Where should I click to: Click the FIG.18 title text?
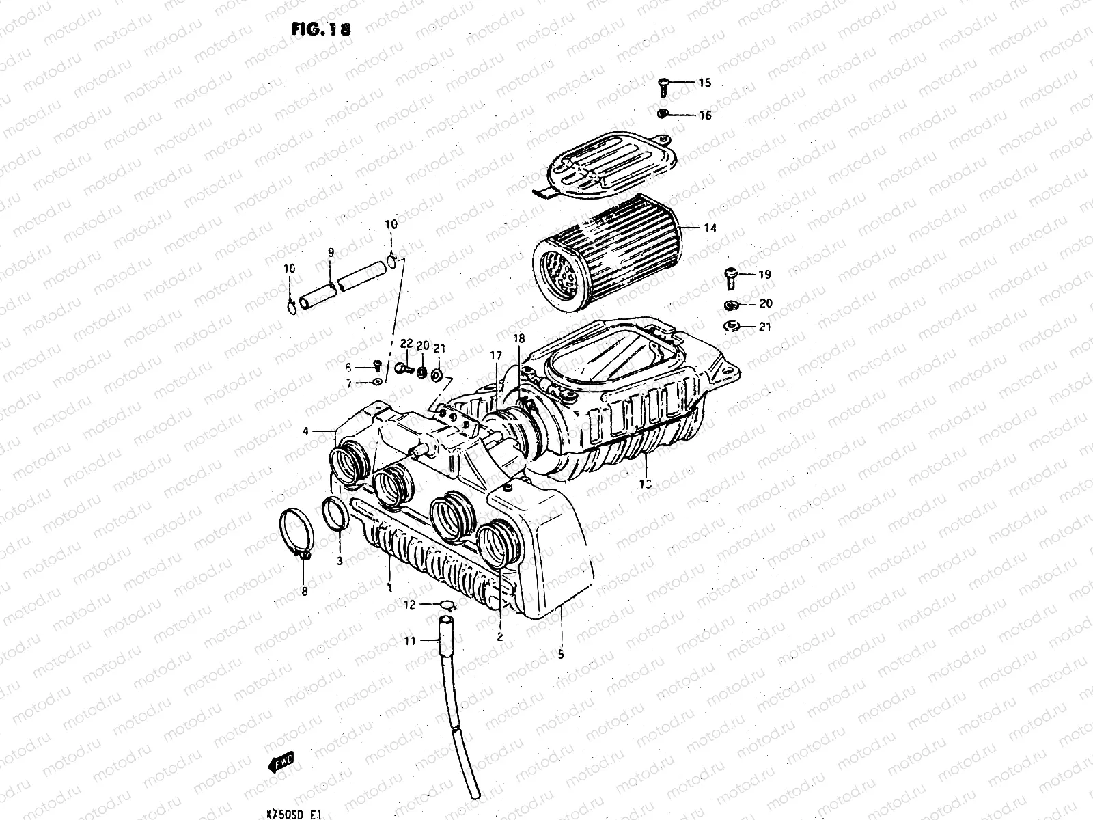pyautogui.click(x=316, y=29)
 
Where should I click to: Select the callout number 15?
pyautogui.click(x=704, y=83)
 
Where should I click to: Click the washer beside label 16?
pyautogui.click(x=663, y=113)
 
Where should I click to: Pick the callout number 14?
pyautogui.click(x=710, y=228)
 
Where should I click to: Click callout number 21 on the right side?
pyautogui.click(x=765, y=327)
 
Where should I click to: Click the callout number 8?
pyautogui.click(x=305, y=591)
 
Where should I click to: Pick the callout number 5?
pyautogui.click(x=561, y=654)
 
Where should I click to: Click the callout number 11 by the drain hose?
pyautogui.click(x=410, y=640)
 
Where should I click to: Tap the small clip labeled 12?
pyautogui.click(x=447, y=605)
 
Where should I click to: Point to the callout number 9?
pyautogui.click(x=331, y=253)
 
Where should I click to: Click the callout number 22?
pyautogui.click(x=406, y=343)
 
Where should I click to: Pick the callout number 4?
pyautogui.click(x=306, y=431)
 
